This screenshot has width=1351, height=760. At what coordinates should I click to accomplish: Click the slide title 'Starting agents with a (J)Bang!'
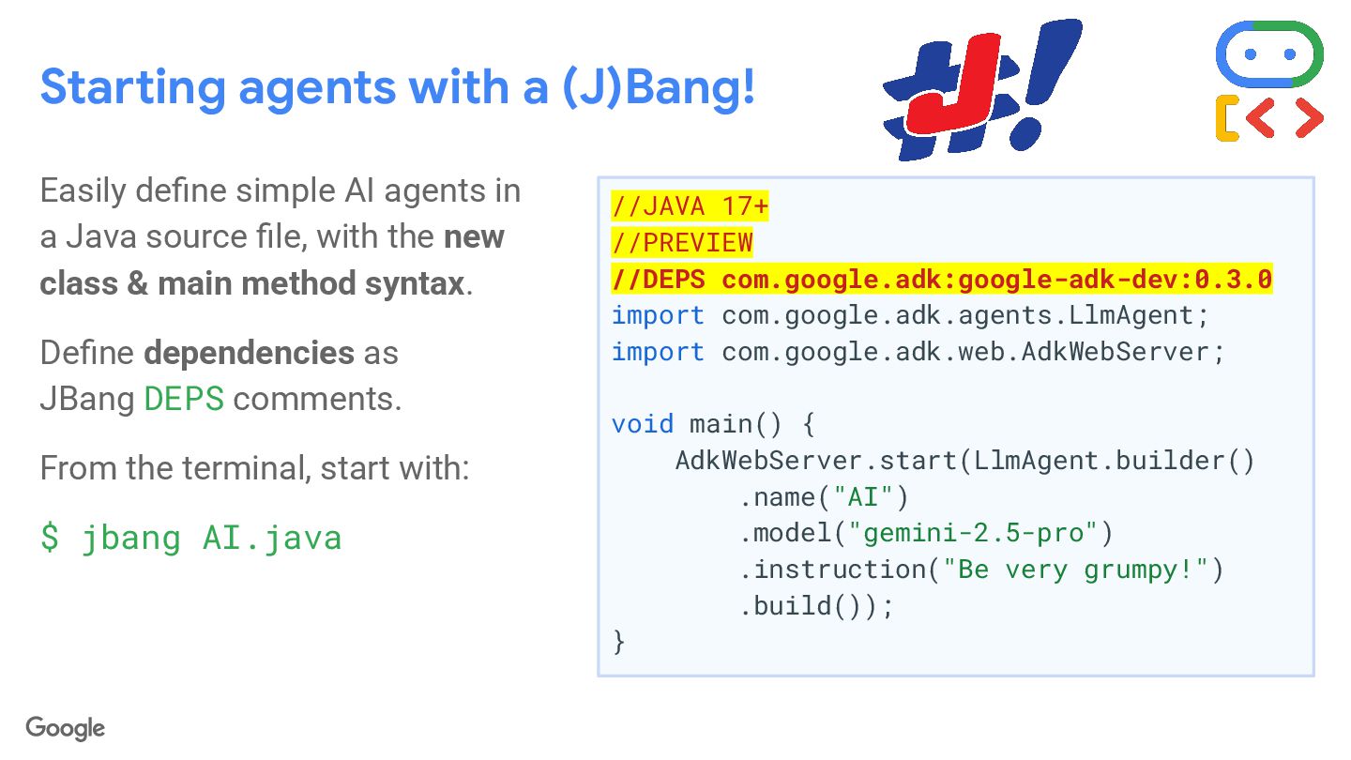click(x=397, y=87)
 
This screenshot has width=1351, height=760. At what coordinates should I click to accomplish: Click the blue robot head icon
click(x=1268, y=54)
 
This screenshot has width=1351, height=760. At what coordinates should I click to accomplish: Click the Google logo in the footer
click(x=65, y=728)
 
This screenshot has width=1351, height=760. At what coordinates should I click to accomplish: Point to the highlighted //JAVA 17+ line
click(x=690, y=205)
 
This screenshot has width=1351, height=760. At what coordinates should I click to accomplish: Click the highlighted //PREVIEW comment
click(x=682, y=242)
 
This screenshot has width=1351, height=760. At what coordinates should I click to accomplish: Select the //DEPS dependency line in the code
click(x=941, y=279)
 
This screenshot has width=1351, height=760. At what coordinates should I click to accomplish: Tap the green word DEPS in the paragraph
click(x=184, y=399)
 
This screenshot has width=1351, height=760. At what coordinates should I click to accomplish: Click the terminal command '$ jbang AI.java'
click(x=190, y=538)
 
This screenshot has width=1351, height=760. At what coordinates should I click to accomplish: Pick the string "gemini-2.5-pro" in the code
click(x=973, y=533)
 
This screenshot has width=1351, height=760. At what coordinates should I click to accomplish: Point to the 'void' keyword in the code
click(x=643, y=424)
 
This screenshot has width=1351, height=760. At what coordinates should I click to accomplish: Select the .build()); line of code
click(x=816, y=606)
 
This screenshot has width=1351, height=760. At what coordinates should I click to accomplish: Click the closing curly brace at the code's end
click(x=618, y=643)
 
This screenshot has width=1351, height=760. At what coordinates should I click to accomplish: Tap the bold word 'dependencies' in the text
click(x=249, y=353)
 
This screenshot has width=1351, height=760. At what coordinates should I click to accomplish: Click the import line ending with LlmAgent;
click(x=910, y=315)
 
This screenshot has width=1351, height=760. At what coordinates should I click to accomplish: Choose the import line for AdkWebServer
click(x=918, y=352)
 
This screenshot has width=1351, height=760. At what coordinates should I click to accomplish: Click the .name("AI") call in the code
click(x=824, y=496)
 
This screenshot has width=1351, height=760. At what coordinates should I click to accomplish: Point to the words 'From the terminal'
click(x=164, y=467)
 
